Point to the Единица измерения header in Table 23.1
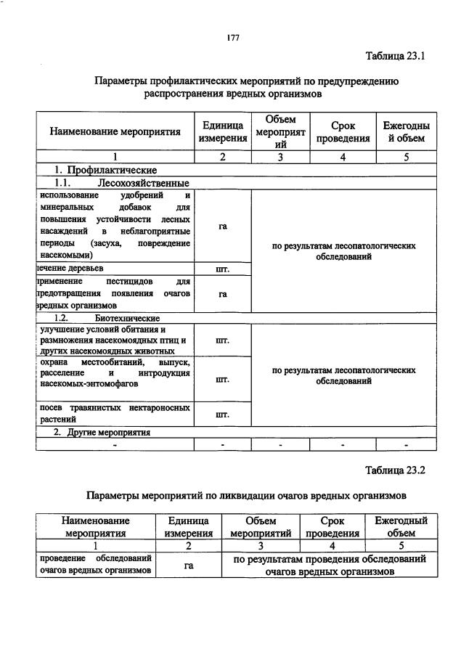point(223,131)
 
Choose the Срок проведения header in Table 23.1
point(342,131)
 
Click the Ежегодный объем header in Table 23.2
point(401,526)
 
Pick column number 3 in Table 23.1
point(280,157)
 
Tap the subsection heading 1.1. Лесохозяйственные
point(122,183)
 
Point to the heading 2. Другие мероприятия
point(102,432)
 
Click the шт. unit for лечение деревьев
point(223,270)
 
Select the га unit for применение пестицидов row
point(223,294)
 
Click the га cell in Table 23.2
point(188,565)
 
